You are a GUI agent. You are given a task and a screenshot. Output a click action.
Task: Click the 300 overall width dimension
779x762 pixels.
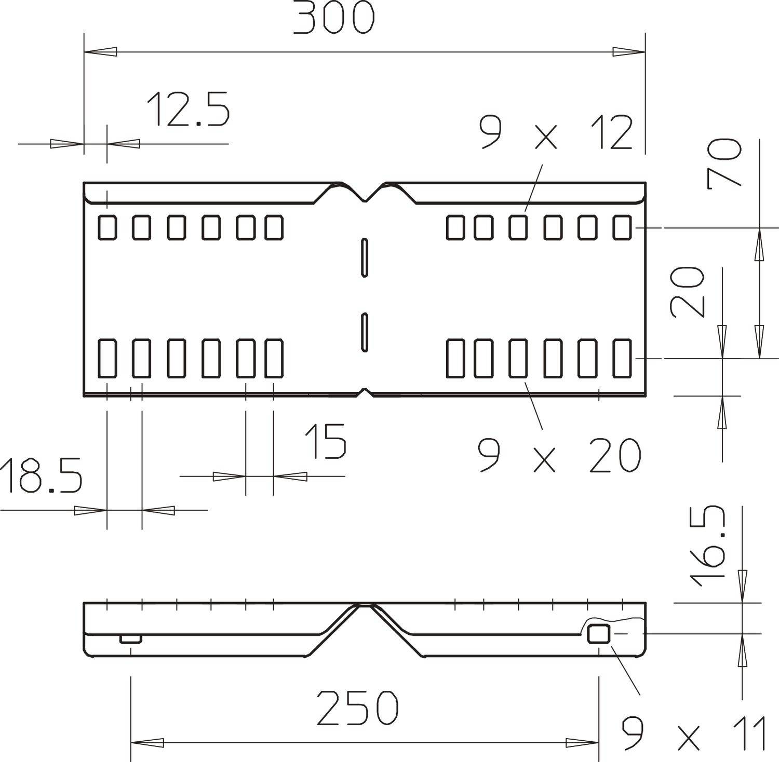click(333, 19)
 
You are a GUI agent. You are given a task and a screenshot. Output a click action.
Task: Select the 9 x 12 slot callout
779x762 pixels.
click(556, 133)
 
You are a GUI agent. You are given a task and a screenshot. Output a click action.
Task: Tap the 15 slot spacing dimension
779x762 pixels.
click(325, 441)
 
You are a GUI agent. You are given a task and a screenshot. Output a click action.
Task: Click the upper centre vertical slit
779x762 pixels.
click(365, 257)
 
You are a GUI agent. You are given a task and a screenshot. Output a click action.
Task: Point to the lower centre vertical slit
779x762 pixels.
click(365, 332)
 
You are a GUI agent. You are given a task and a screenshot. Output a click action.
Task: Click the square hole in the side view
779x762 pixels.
click(598, 634)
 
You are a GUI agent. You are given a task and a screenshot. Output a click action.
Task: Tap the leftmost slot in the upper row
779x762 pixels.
click(108, 228)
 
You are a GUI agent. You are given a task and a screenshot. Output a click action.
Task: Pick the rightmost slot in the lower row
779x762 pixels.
click(622, 358)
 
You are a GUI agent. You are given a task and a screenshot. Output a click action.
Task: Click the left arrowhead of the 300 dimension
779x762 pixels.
click(100, 52)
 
